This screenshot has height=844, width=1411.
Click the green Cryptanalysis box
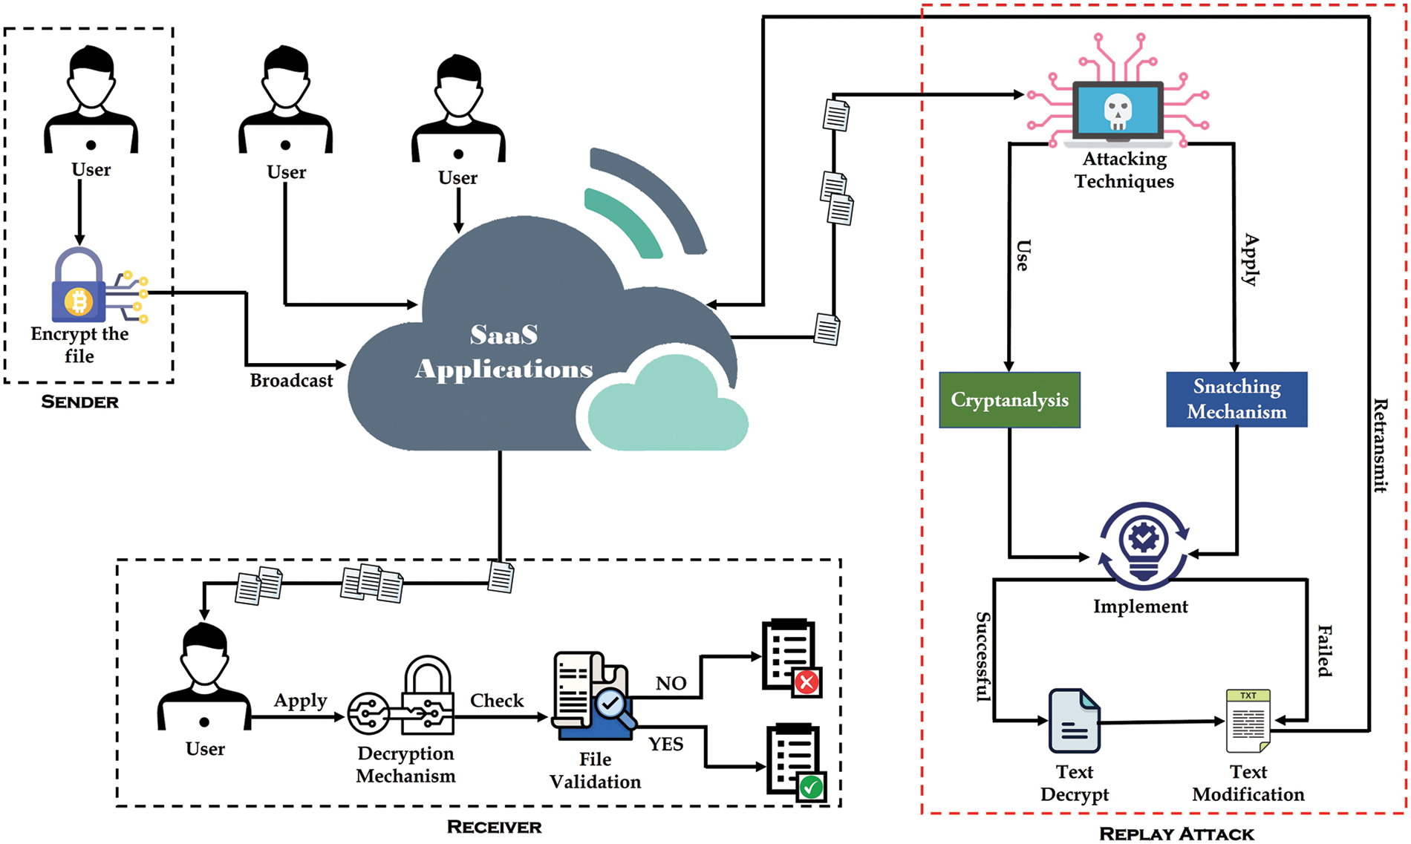(1009, 400)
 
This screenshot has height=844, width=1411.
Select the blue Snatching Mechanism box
(1236, 399)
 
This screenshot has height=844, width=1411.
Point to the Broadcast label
(291, 381)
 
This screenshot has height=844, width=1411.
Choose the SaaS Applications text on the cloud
(504, 352)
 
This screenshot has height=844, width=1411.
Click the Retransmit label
(1380, 445)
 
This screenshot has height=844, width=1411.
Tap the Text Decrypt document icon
(1074, 721)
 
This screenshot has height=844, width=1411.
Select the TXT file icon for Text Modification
(1248, 720)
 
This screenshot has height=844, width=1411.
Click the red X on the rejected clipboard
(807, 682)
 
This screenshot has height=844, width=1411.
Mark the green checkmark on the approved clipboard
(811, 787)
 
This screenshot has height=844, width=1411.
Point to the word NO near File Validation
(671, 684)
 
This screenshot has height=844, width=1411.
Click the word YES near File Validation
(665, 745)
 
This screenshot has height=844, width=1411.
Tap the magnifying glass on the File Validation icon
(613, 705)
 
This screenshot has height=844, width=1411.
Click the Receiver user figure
(204, 679)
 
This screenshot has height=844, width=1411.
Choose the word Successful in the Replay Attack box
(983, 657)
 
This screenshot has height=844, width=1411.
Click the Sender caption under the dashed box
(79, 402)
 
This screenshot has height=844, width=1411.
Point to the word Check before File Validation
(497, 701)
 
